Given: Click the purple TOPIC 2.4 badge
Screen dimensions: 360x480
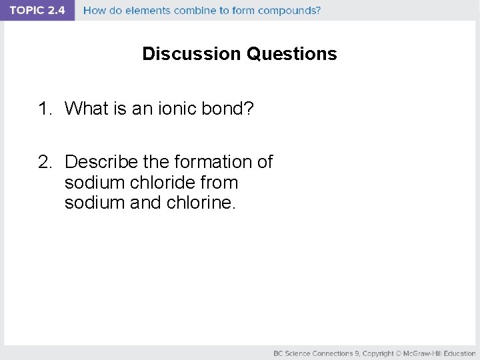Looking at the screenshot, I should pyautogui.click(x=37, y=11).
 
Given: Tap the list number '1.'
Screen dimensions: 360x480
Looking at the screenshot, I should pyautogui.click(x=45, y=108).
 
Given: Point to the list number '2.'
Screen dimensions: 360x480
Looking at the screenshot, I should pyautogui.click(x=45, y=162).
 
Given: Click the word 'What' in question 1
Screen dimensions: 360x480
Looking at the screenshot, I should pyautogui.click(x=87, y=108).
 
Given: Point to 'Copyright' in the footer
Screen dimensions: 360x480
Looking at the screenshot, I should pyautogui.click(x=377, y=353).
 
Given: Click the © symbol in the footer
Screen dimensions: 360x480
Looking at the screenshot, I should pyautogui.click(x=399, y=353).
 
